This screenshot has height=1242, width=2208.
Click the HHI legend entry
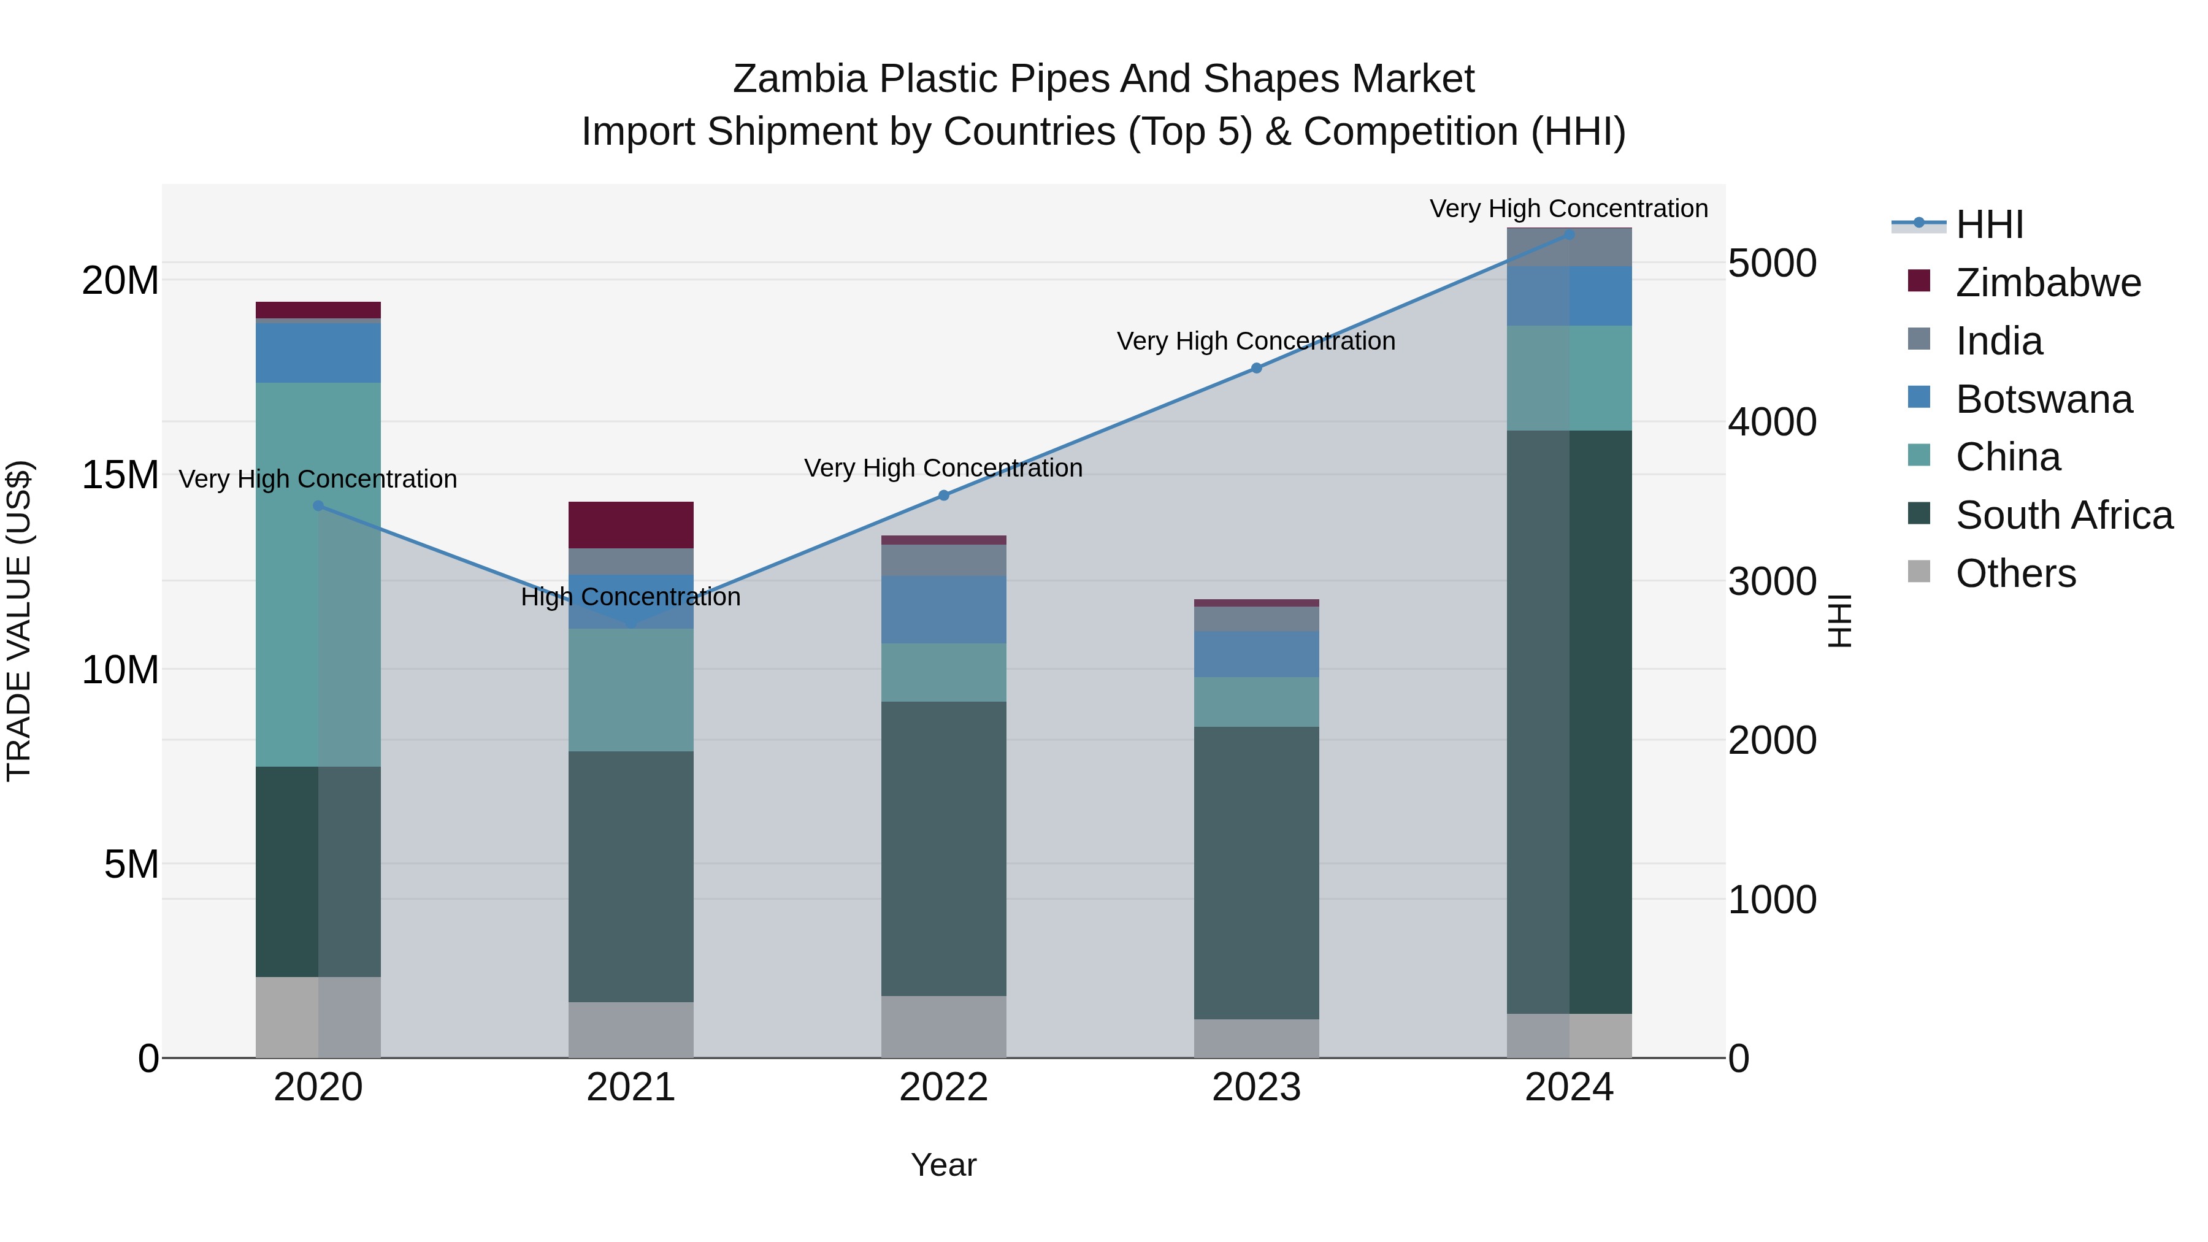[1988, 224]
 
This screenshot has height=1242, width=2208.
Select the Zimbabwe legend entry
[2047, 283]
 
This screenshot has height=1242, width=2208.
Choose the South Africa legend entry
[2063, 515]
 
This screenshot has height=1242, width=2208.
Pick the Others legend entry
[2014, 573]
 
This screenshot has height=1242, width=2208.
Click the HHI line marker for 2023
[1257, 369]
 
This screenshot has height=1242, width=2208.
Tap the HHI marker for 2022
[944, 496]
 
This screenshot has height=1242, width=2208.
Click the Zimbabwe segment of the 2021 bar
[631, 524]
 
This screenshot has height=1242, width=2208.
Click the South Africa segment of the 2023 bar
[1257, 873]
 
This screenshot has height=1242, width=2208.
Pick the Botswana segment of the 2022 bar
[944, 610]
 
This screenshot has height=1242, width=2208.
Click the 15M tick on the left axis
[120, 475]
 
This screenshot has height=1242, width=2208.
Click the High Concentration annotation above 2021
[631, 597]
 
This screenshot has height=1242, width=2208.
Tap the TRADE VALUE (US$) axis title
[19, 621]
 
